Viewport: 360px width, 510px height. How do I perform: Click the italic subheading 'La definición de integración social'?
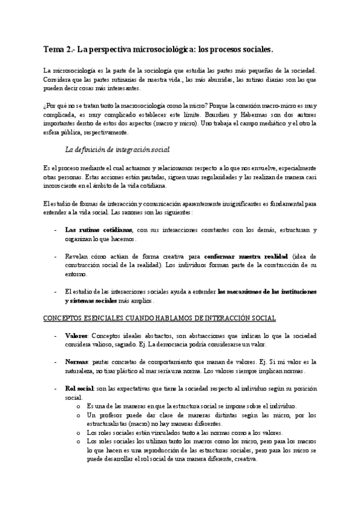tap(117, 149)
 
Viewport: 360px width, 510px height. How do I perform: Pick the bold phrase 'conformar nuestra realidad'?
tap(237, 256)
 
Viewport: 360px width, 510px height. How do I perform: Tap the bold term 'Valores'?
tap(76, 336)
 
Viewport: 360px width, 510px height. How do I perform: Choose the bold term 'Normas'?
tap(76, 363)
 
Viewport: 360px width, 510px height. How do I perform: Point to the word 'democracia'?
tap(171, 344)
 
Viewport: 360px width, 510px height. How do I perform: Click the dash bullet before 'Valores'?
tap(56, 336)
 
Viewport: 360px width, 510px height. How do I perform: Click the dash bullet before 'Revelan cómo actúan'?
tap(56, 256)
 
